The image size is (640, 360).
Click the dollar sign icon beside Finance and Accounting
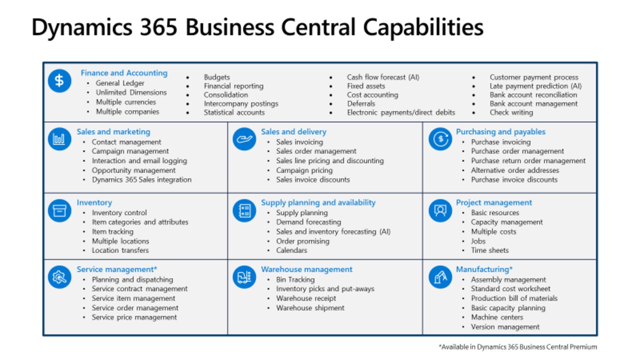click(59, 80)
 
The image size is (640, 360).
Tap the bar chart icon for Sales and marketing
click(59, 139)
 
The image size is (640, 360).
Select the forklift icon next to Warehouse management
click(244, 277)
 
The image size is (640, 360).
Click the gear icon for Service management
click(59, 277)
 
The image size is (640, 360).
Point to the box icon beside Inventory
click(59, 210)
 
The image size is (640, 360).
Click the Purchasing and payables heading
click(500, 131)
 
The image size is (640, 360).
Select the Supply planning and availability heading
click(318, 202)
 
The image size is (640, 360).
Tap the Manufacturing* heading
click(484, 269)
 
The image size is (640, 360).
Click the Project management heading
click(493, 202)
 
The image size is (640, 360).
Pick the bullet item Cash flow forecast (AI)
click(383, 77)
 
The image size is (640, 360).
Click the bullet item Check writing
click(511, 112)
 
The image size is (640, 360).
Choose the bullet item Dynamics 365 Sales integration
click(141, 179)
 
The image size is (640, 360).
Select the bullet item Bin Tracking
click(295, 279)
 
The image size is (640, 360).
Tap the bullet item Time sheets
click(489, 250)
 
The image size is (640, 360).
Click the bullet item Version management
click(505, 327)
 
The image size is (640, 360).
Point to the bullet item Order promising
click(302, 241)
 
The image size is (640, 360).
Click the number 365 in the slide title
click(158, 27)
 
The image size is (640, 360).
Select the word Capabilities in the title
click(423, 28)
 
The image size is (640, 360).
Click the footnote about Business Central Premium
click(517, 347)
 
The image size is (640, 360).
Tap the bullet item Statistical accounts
click(234, 112)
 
